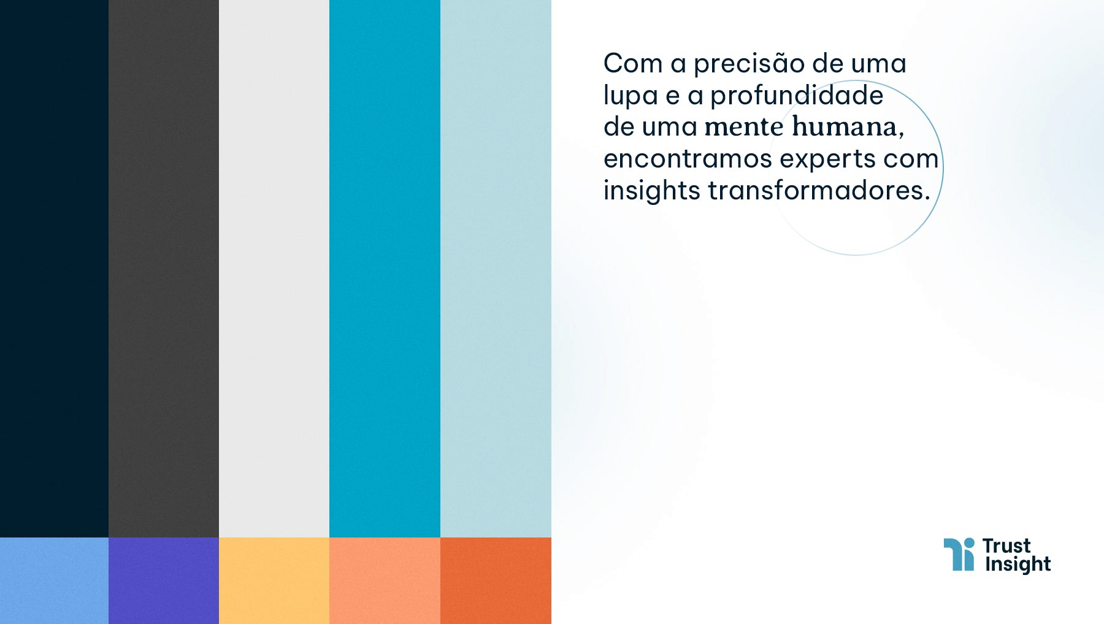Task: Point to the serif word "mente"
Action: pos(744,127)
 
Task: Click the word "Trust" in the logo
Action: pos(1006,546)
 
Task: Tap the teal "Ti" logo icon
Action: pos(959,555)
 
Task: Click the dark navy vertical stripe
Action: pos(54,269)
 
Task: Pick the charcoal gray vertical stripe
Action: pos(164,269)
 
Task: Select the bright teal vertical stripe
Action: pos(385,269)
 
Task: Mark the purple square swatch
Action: pos(164,580)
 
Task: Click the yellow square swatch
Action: pos(274,580)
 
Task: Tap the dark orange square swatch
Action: pos(496,580)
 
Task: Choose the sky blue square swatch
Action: pos(54,580)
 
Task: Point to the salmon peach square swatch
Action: pos(385,580)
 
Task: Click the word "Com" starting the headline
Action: pos(633,64)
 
